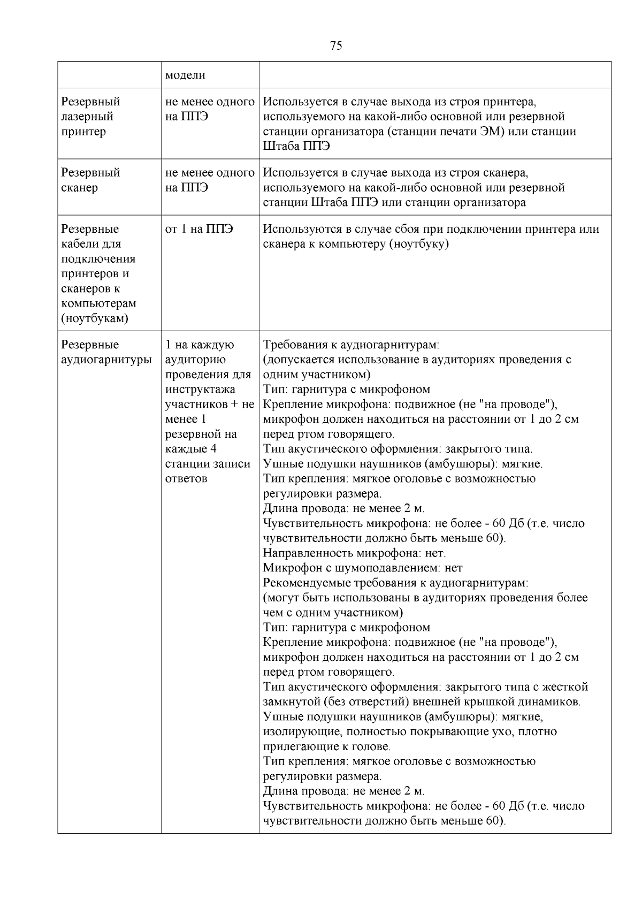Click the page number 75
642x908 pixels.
pyautogui.click(x=336, y=45)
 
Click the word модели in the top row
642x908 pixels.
pyautogui.click(x=185, y=75)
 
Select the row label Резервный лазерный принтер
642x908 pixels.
pyautogui.click(x=90, y=117)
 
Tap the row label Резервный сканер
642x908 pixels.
pyautogui.click(x=90, y=180)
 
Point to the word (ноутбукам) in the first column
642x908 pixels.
pyautogui.click(x=95, y=318)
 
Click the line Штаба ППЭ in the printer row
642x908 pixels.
pyautogui.click(x=296, y=146)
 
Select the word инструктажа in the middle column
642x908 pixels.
pyautogui.click(x=200, y=390)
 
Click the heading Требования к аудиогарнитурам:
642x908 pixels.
pyautogui.click(x=351, y=345)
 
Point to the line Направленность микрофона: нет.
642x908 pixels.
pyautogui.click(x=354, y=553)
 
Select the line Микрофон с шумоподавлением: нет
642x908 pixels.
pyautogui.click(x=363, y=568)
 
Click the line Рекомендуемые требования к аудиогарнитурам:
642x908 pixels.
pyautogui.click(x=395, y=583)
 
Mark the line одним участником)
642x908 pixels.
pyautogui.click(x=316, y=375)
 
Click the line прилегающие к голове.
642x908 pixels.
pyautogui.click(x=326, y=746)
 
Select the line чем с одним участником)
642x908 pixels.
pyautogui.click(x=333, y=613)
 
